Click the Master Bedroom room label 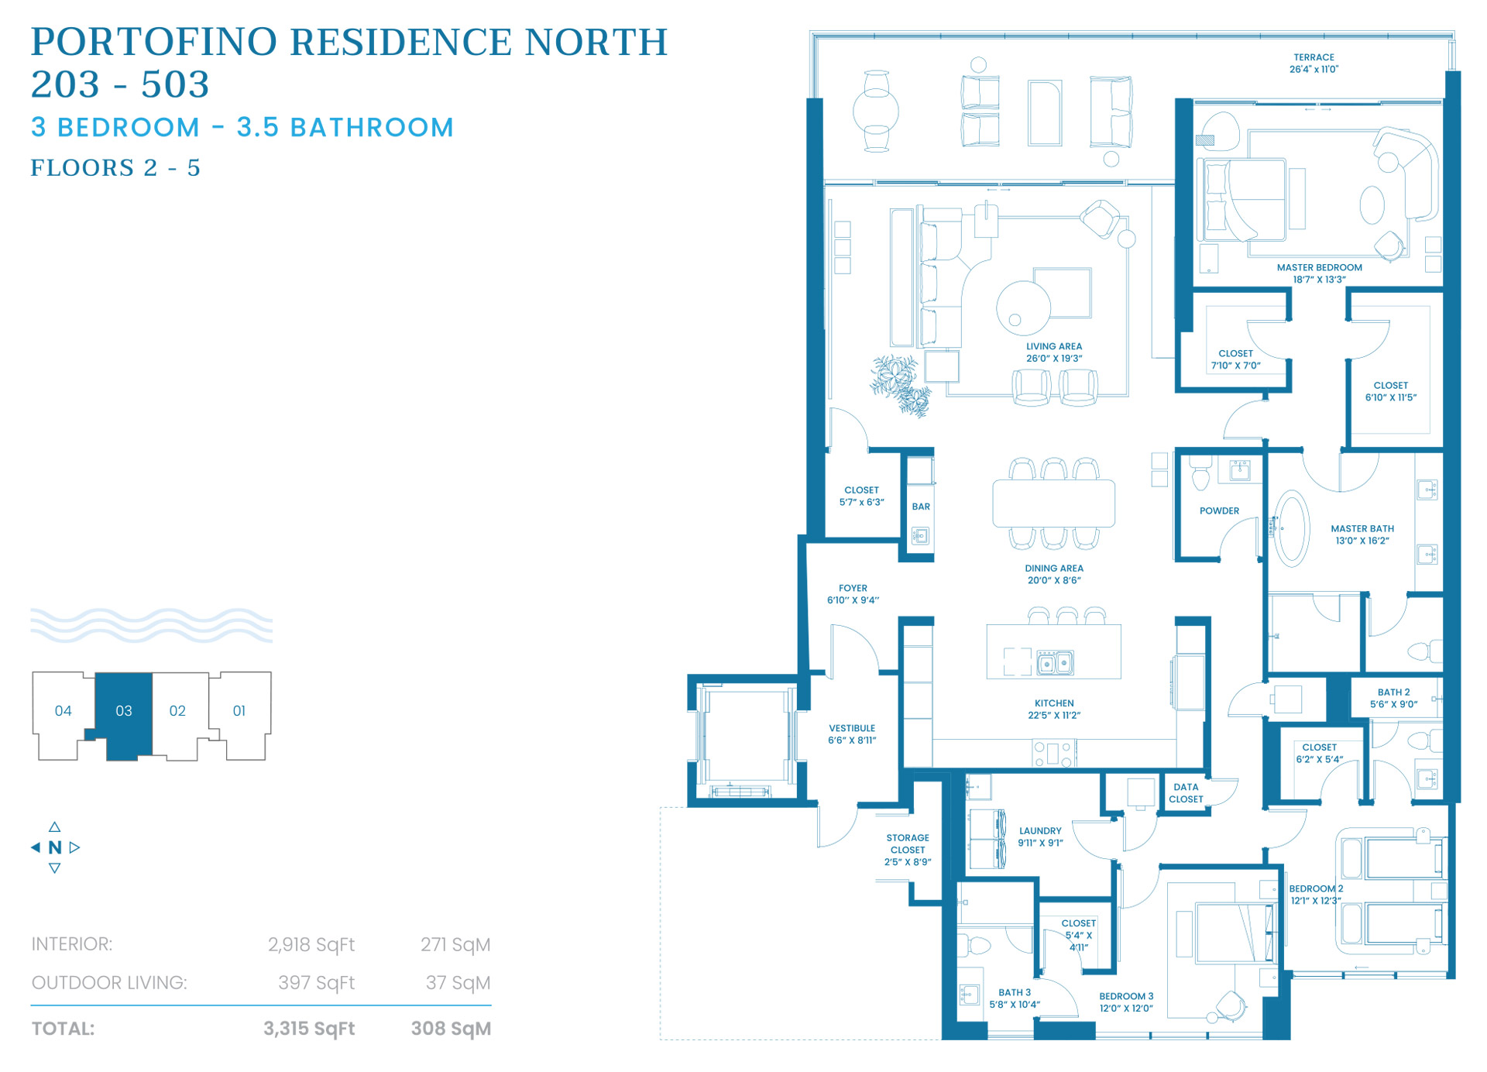click(x=1319, y=273)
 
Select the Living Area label click(x=1054, y=352)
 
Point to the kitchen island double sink click(x=1055, y=663)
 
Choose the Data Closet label click(x=1186, y=793)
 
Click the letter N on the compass click(x=54, y=847)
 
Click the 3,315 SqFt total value click(x=308, y=1029)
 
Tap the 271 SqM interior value click(x=455, y=944)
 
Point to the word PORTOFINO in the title click(x=154, y=42)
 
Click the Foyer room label click(x=853, y=594)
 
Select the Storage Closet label click(x=908, y=850)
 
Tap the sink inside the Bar click(x=920, y=535)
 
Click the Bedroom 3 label click(x=1126, y=1002)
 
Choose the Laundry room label click(x=1040, y=837)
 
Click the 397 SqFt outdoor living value click(x=316, y=983)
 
